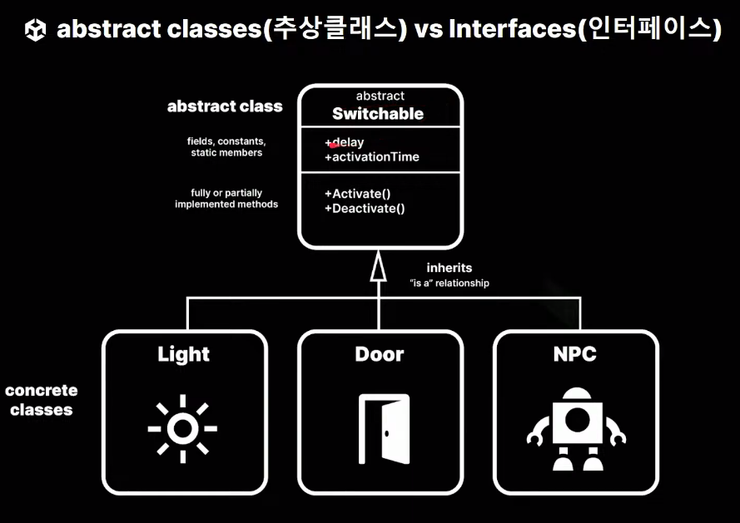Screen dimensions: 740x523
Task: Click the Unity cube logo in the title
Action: [x=36, y=31]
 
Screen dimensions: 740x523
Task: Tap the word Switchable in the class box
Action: [x=378, y=114]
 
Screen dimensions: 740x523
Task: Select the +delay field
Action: [x=345, y=143]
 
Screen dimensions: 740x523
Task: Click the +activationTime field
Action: [x=371, y=157]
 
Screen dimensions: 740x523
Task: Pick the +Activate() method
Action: [x=357, y=194]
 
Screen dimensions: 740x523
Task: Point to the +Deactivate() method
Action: [x=365, y=209]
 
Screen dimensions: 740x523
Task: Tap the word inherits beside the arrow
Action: [x=449, y=268]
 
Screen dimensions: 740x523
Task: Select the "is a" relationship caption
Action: [x=449, y=284]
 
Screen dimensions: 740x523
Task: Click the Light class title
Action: [x=184, y=354]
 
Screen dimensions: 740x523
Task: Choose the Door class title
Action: [x=380, y=354]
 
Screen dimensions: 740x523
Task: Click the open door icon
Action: [x=384, y=428]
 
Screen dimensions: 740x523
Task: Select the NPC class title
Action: [x=575, y=354]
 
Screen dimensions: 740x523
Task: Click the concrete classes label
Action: [x=42, y=400]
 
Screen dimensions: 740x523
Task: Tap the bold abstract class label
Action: [x=225, y=106]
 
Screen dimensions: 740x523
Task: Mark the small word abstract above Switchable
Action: [x=380, y=96]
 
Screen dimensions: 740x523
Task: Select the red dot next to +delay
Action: [x=334, y=145]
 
